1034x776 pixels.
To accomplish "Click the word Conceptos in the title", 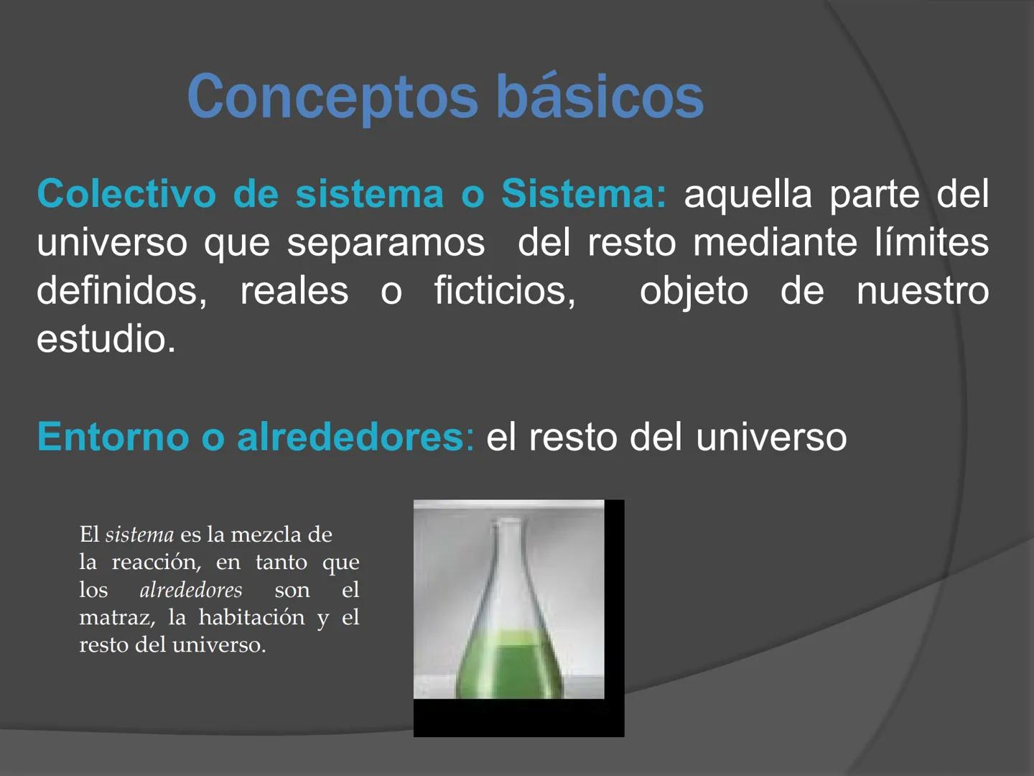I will pyautogui.click(x=332, y=97).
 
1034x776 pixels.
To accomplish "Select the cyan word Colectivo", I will pyautogui.click(x=126, y=194).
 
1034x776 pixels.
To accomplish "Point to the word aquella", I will pyautogui.click(x=747, y=194).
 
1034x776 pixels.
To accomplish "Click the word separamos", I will pyautogui.click(x=386, y=242).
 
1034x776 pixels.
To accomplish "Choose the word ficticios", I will pyautogui.click(x=504, y=291).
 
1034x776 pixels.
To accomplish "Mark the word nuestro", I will pyautogui.click(x=923, y=291).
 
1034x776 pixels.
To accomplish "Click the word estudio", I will pyautogui.click(x=106, y=339).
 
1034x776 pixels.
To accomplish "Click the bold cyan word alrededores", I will pyautogui.click(x=351, y=437).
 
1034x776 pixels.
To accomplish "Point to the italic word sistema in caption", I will pyautogui.click(x=139, y=535).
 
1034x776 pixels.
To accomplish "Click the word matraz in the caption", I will pyautogui.click(x=116, y=617).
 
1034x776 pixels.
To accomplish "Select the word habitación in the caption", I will pyautogui.click(x=251, y=617).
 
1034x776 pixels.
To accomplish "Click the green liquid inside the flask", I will pyautogui.click(x=508, y=665).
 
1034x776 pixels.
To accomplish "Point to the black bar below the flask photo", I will pyautogui.click(x=518, y=718).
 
